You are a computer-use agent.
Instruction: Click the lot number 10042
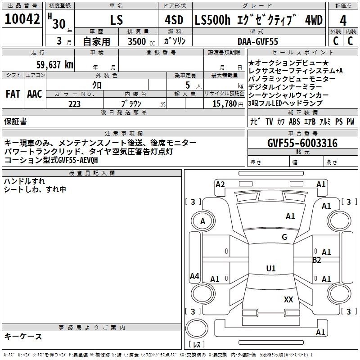pyautogui.click(x=22, y=20)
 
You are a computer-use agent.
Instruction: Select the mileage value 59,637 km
pyautogui.click(x=55, y=64)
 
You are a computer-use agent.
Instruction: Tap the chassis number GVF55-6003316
pyautogui.click(x=302, y=143)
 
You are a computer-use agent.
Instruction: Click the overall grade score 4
pyautogui.click(x=343, y=20)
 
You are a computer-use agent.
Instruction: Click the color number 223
pyautogui.click(x=75, y=103)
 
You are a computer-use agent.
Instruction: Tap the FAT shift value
pyautogui.click(x=13, y=94)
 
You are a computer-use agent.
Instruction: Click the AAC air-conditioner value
pyautogui.click(x=35, y=94)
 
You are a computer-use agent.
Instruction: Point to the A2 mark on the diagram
pyautogui.click(x=220, y=184)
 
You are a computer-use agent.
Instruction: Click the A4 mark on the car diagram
pyautogui.click(x=194, y=276)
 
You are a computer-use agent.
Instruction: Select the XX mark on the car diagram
pyautogui.click(x=288, y=299)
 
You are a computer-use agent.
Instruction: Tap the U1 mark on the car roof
pyautogui.click(x=270, y=269)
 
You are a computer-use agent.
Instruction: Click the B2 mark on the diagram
pyautogui.click(x=317, y=260)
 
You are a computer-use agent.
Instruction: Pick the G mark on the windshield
pyautogui.click(x=284, y=237)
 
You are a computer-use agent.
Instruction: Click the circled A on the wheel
pyautogui.click(x=202, y=221)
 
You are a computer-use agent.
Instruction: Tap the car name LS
pyautogui.click(x=117, y=20)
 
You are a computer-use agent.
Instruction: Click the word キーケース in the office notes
pyautogui.click(x=23, y=336)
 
